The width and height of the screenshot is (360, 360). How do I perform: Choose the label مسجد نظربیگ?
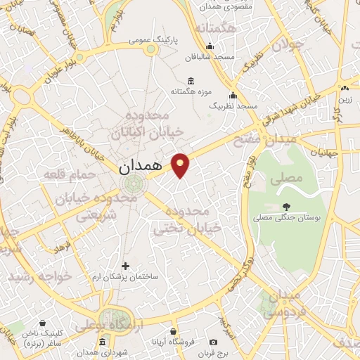237,105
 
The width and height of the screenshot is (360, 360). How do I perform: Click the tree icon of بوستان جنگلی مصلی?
285,206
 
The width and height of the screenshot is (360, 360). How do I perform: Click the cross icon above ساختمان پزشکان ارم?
126,266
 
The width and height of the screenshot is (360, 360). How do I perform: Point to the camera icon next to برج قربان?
213,342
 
